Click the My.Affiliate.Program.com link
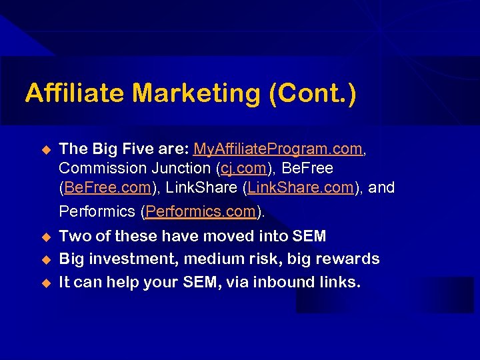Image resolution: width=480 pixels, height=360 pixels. (279, 149)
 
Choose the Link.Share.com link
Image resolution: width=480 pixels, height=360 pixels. (301, 188)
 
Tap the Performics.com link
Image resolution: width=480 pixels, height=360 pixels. (201, 212)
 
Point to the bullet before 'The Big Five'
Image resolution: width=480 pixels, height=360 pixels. (46, 149)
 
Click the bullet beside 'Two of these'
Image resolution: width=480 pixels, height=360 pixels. (46, 237)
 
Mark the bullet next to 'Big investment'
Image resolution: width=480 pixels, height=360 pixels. (46, 259)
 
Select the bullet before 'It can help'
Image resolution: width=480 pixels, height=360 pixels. (46, 283)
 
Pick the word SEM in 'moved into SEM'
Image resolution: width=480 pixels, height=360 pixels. (309, 236)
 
